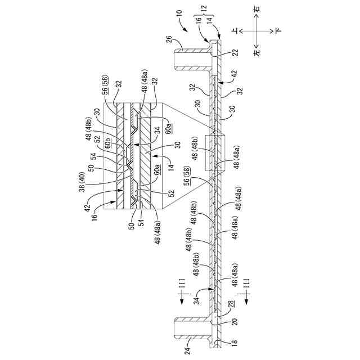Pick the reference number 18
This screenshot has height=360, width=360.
point(232,341)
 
